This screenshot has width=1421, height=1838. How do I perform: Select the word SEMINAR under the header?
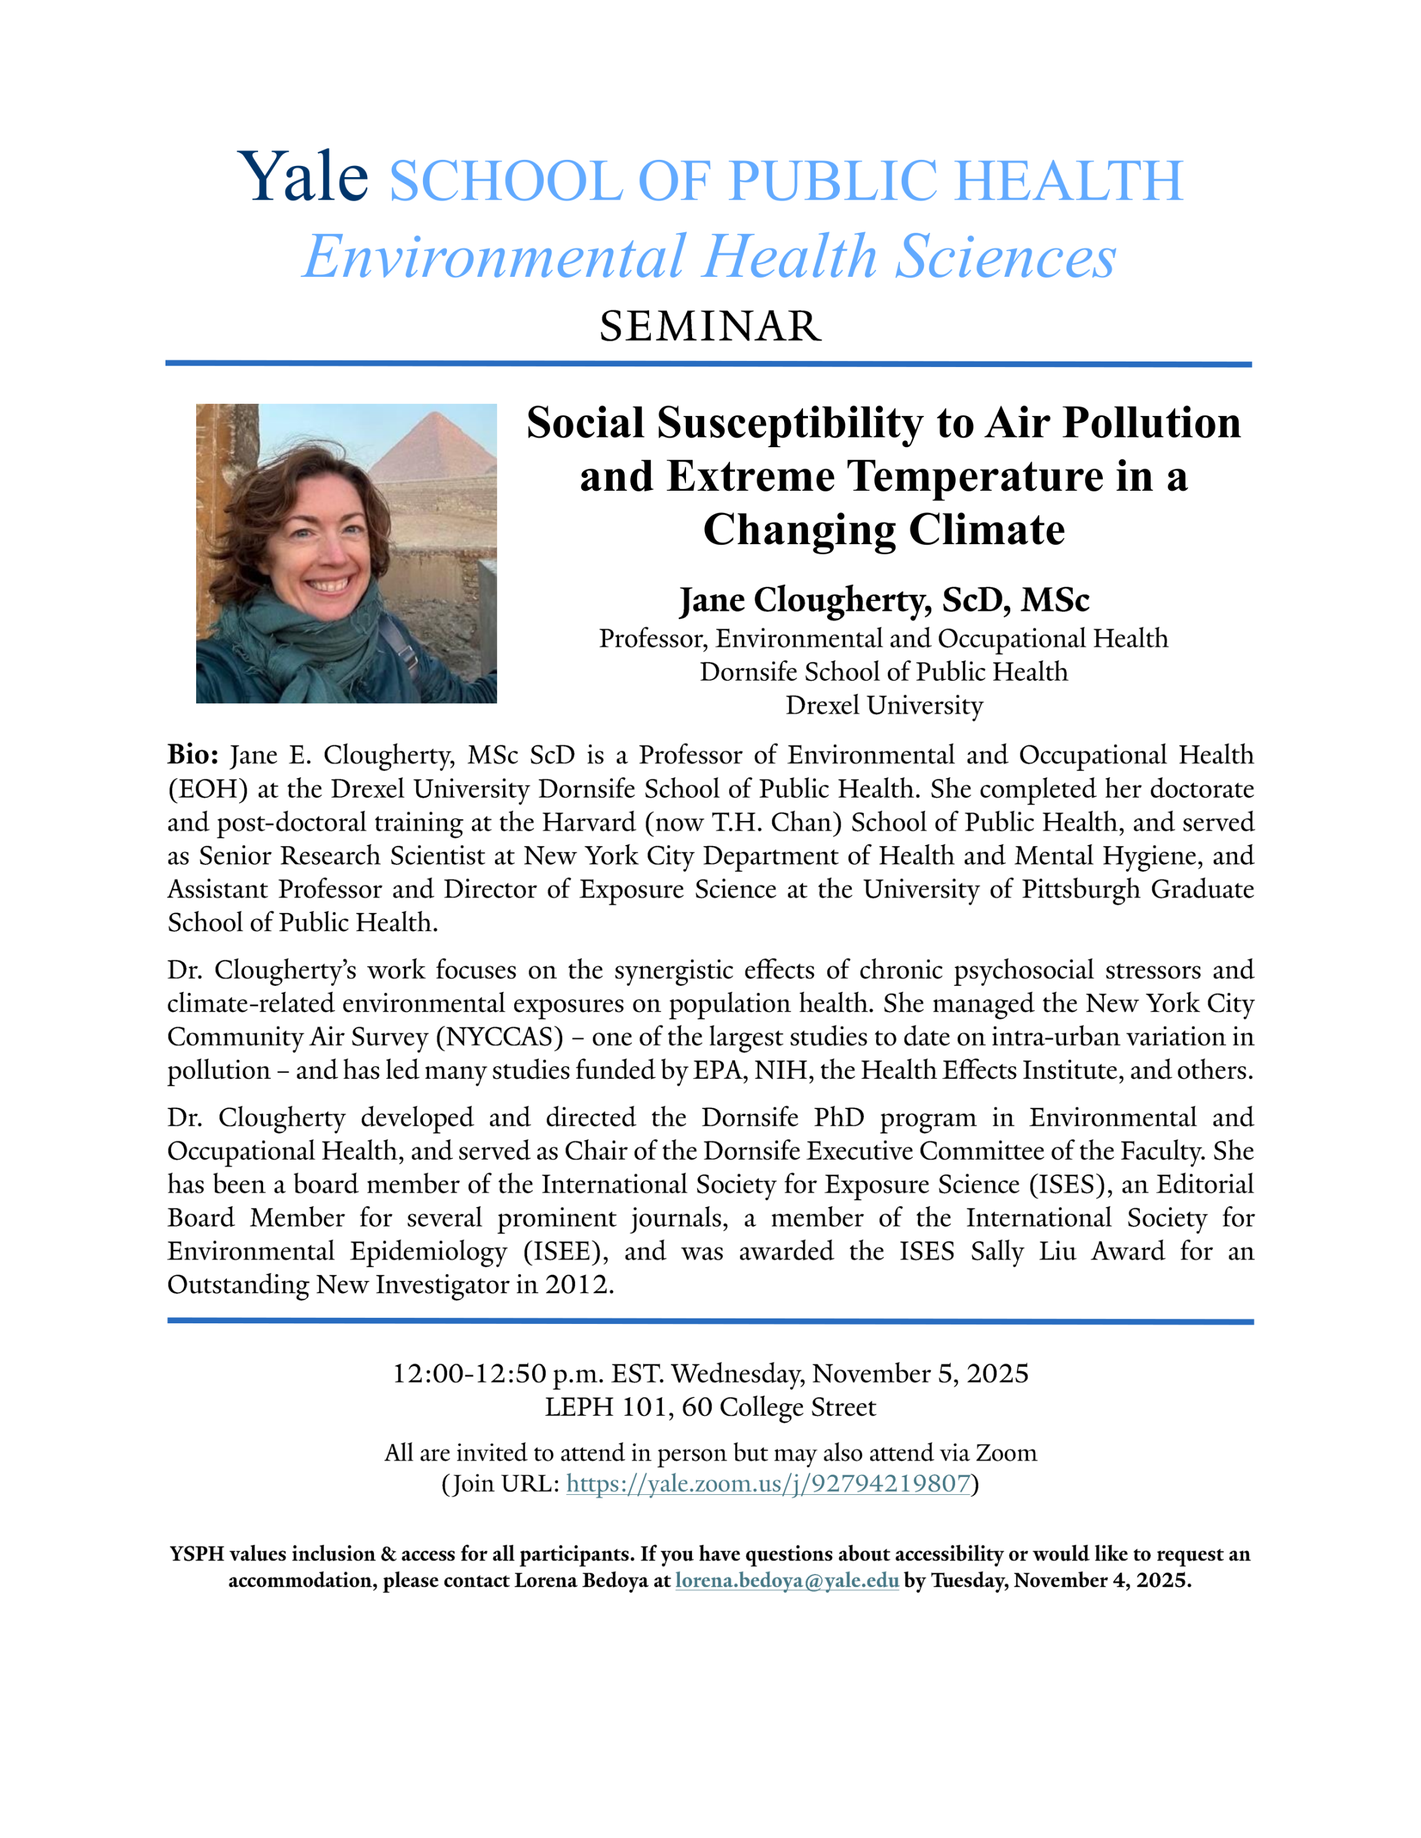710,327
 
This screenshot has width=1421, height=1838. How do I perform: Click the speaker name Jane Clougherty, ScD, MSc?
884,600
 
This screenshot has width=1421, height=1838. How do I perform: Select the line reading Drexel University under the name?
884,705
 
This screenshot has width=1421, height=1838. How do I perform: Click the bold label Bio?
192,755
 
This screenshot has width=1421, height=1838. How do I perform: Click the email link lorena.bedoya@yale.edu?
787,1581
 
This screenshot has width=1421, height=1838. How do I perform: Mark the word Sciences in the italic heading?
1005,257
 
